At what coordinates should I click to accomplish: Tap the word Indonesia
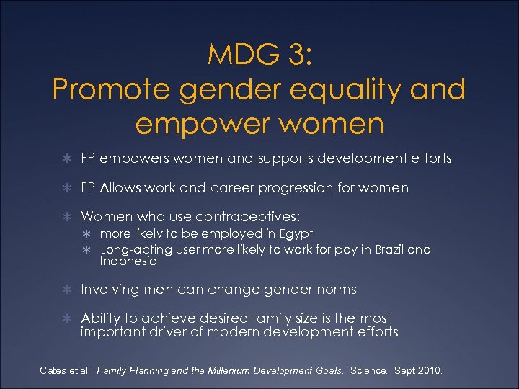click(x=128, y=261)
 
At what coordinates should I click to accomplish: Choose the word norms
click(x=332, y=290)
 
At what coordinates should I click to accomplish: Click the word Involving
click(x=110, y=290)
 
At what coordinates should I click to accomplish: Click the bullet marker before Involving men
click(x=66, y=290)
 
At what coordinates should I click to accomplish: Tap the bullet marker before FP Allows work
click(x=66, y=188)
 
